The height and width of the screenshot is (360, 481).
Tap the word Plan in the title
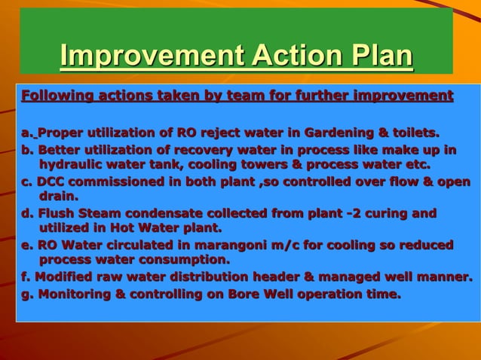point(381,56)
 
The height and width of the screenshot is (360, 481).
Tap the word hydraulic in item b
point(73,165)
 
